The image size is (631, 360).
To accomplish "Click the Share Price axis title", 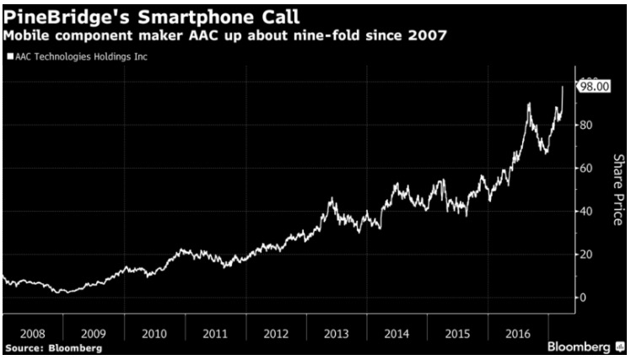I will (x=617, y=190).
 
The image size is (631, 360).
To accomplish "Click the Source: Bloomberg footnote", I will (x=52, y=347).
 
